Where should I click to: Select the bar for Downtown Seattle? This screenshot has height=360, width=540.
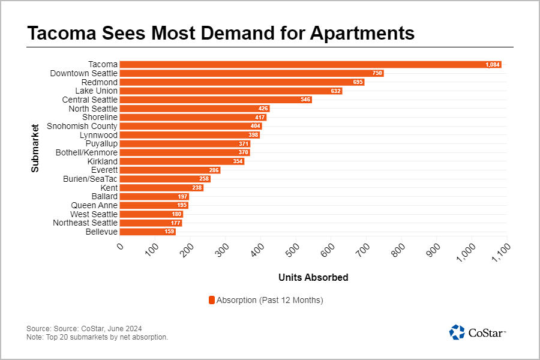251,73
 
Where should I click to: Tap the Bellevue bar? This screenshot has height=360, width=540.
148,232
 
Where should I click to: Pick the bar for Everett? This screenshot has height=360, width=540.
170,170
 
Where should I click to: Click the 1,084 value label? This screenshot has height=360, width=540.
493,64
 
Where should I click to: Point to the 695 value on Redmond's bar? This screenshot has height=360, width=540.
358,82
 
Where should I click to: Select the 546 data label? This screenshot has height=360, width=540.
305,100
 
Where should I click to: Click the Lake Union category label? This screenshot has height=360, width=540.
96,91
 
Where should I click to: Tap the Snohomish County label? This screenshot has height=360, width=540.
82,126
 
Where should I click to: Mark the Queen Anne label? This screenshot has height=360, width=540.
94,205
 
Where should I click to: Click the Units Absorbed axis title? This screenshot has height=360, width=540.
313,278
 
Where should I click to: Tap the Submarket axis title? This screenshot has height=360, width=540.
35,148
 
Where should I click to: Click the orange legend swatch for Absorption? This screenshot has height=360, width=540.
211,300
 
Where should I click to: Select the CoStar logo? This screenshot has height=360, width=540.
478,332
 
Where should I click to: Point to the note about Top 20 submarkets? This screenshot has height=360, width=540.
97,337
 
